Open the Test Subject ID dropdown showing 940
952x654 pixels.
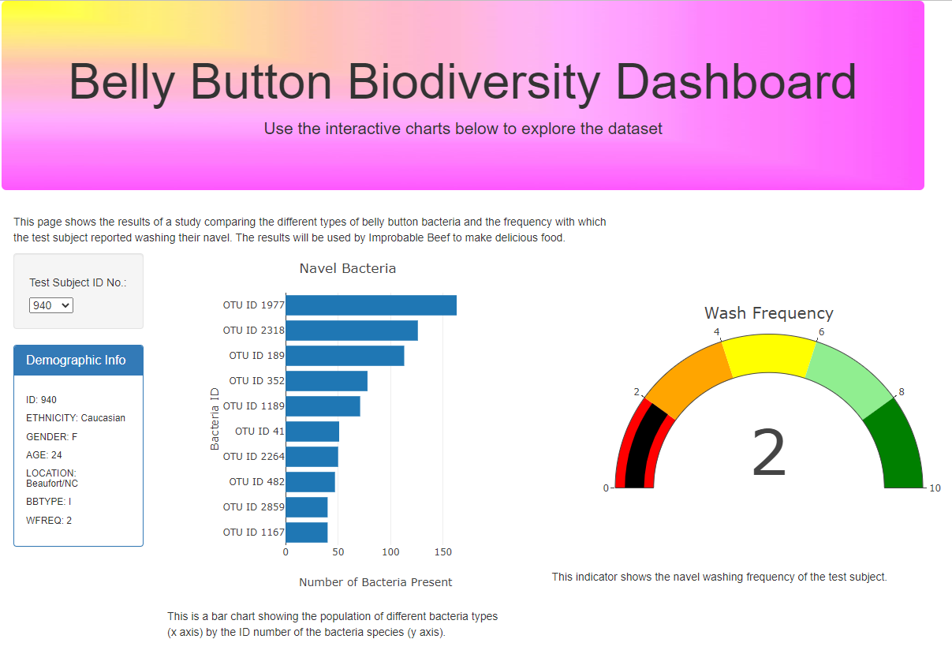pyautogui.click(x=51, y=305)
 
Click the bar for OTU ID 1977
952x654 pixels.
pyautogui.click(x=371, y=305)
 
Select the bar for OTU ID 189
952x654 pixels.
pyautogui.click(x=345, y=356)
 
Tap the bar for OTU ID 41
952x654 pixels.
pyautogui.click(x=312, y=432)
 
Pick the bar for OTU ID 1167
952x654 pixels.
pyautogui.click(x=307, y=533)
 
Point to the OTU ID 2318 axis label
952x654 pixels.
pyautogui.click(x=254, y=331)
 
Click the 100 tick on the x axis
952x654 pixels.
pyautogui.click(x=390, y=552)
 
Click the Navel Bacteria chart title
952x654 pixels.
pyautogui.click(x=348, y=268)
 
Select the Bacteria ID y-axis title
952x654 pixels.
pyautogui.click(x=215, y=419)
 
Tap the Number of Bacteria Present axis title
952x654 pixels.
pyautogui.click(x=375, y=582)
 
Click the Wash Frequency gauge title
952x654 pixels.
pyautogui.click(x=769, y=313)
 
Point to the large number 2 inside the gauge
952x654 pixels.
pyautogui.click(x=769, y=453)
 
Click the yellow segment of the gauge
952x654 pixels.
pyautogui.click(x=769, y=353)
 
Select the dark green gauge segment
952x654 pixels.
pyautogui.click(x=897, y=450)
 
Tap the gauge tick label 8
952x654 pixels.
pyautogui.click(x=902, y=391)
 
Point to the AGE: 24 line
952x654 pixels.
pyautogui.click(x=44, y=455)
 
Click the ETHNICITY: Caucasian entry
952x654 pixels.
pyautogui.click(x=76, y=418)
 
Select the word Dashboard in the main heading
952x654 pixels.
pyautogui.click(x=736, y=81)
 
